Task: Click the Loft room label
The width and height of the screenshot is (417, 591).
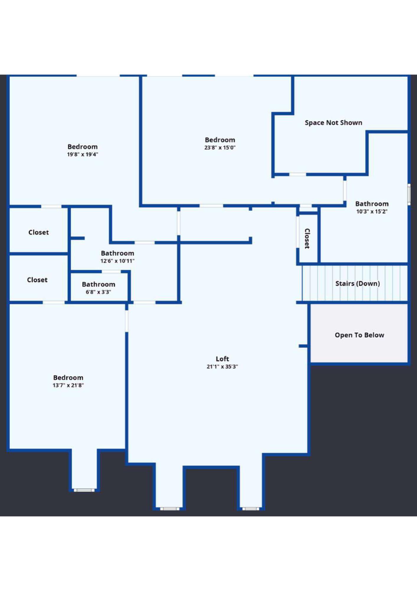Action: [222, 359]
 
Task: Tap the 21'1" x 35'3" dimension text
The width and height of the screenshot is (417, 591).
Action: [222, 367]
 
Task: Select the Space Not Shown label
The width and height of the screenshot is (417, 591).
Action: [333, 123]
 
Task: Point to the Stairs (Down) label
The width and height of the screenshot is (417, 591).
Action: [357, 283]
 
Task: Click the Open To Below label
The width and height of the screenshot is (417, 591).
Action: [359, 335]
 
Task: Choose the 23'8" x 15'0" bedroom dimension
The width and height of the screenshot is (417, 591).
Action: [220, 147]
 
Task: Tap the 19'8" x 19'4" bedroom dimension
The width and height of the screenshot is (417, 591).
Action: [82, 154]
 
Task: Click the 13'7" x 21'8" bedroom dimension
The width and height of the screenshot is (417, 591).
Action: [68, 385]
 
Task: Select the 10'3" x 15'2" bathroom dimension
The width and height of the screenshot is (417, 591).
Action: [372, 212]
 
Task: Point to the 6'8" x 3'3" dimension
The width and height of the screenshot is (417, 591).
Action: [98, 292]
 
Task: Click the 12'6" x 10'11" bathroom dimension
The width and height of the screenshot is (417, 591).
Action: [117, 261]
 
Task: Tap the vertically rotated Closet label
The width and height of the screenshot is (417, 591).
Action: [307, 238]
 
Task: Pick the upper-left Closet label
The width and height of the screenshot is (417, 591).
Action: [38, 232]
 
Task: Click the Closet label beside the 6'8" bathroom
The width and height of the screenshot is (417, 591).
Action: [37, 280]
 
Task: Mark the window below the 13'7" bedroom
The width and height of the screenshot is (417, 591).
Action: [84, 490]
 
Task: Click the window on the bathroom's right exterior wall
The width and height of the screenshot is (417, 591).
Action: [409, 194]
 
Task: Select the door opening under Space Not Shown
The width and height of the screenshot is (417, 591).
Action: [297, 174]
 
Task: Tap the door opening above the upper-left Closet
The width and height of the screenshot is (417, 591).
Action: [51, 206]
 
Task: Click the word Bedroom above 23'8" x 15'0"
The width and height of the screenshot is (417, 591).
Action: [220, 140]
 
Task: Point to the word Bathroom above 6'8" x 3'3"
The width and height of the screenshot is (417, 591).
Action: [98, 284]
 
